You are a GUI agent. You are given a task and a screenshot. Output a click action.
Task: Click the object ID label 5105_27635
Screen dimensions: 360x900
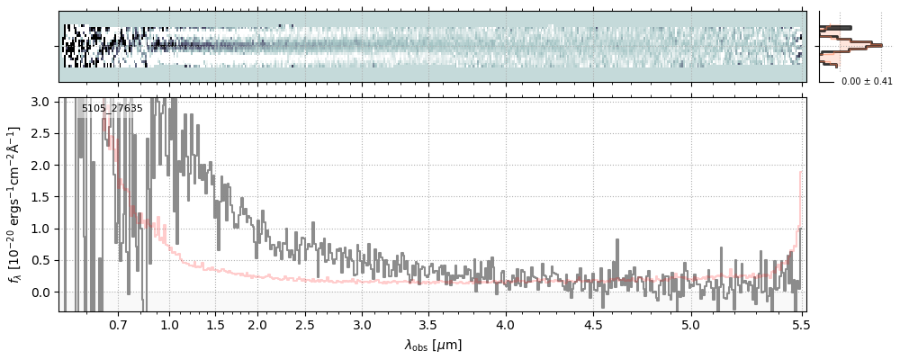pyautogui.click(x=112, y=109)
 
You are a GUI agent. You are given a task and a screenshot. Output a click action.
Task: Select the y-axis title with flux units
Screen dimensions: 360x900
pyautogui.click(x=15, y=204)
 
